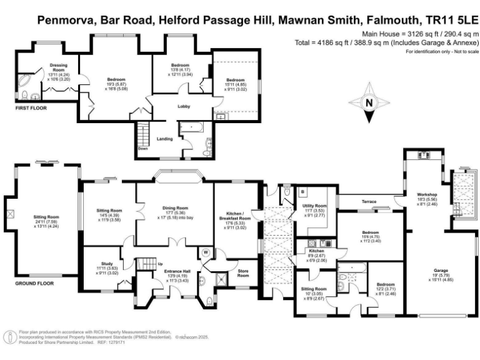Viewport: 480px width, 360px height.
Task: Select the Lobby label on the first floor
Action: (184, 106)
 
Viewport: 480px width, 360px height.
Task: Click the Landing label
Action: (165, 139)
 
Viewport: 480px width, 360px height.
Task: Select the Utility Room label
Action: (315, 206)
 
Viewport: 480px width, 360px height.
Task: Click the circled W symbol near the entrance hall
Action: (206, 253)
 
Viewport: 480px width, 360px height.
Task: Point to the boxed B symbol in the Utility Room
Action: (302, 192)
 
